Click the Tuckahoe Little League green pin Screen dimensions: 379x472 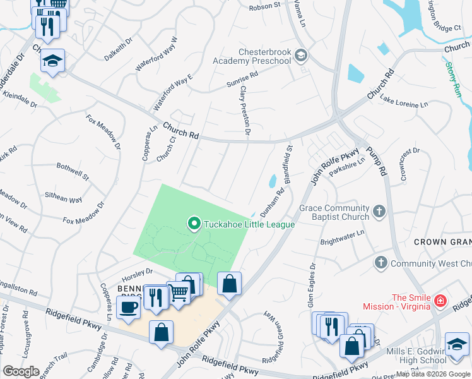[194, 224]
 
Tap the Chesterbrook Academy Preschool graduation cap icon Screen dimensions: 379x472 [300, 56]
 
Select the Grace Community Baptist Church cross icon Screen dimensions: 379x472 [379, 212]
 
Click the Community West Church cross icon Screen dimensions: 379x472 [380, 262]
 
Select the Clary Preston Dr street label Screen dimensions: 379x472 [245, 111]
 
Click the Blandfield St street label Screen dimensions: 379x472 [287, 165]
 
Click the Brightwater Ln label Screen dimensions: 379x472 [343, 238]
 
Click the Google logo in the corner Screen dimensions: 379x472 [21, 371]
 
